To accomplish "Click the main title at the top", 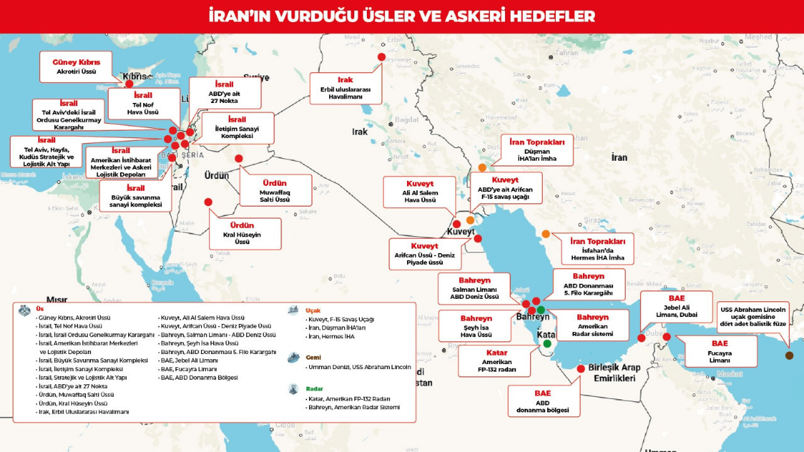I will pyautogui.click(x=402, y=16).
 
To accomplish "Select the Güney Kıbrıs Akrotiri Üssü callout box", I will pyautogui.click(x=77, y=67).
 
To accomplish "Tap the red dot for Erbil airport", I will pyautogui.click(x=381, y=57).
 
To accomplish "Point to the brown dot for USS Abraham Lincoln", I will pyautogui.click(x=789, y=355).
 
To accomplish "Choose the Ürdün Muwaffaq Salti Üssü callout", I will pyautogui.click(x=274, y=190).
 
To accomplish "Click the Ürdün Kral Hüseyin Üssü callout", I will pyautogui.click(x=242, y=234).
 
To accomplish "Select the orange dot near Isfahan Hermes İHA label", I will pyautogui.click(x=546, y=234).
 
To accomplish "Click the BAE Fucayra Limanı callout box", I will pyautogui.click(x=720, y=352).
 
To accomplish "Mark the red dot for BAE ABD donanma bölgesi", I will pyautogui.click(x=580, y=369).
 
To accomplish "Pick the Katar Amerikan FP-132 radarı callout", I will pyautogui.click(x=496, y=362).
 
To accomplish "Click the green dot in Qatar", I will pyautogui.click(x=547, y=343).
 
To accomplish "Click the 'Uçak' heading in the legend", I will pyautogui.click(x=313, y=311).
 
